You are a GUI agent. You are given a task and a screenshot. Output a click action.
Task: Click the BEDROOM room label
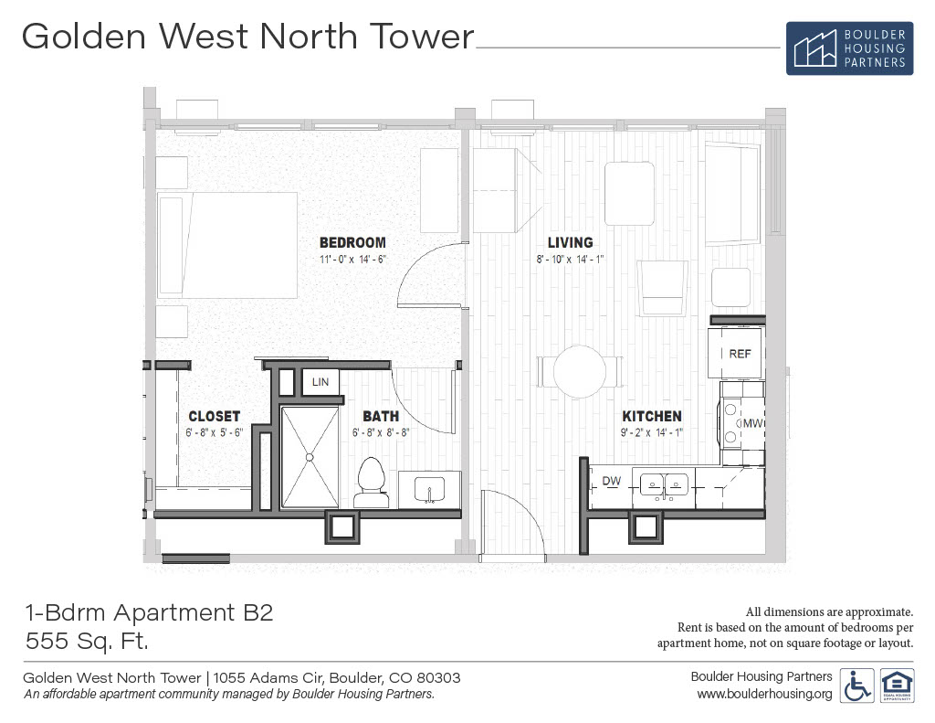coord(352,242)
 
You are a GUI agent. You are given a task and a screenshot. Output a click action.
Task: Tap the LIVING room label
coord(570,242)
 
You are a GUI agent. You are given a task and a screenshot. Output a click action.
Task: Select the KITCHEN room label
coord(652,416)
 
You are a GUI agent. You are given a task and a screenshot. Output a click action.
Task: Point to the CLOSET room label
coord(214,416)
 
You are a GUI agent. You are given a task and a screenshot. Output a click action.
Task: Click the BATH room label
coord(381,416)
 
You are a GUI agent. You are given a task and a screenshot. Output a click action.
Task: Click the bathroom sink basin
coord(429,489)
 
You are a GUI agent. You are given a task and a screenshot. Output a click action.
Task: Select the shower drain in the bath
coord(310,457)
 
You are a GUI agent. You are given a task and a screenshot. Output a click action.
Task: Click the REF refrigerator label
coord(740,354)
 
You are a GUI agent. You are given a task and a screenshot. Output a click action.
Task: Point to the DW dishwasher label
coord(611,481)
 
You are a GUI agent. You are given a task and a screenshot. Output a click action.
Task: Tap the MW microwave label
coord(752,422)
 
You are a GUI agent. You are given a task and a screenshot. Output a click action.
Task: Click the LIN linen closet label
coord(320,382)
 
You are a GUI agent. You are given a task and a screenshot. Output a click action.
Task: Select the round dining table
coord(580,371)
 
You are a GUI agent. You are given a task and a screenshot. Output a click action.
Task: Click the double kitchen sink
coord(664,484)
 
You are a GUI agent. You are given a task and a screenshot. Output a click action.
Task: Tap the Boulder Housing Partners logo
coord(849,48)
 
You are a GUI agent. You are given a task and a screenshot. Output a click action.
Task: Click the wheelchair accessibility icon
coord(856,686)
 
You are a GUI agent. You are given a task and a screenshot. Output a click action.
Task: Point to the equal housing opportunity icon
coord(897,686)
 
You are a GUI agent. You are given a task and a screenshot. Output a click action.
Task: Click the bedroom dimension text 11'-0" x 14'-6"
coord(353,259)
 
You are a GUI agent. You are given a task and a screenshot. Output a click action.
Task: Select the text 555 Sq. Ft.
coord(87,642)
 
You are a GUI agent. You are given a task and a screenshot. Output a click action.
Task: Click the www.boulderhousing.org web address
coord(764,694)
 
